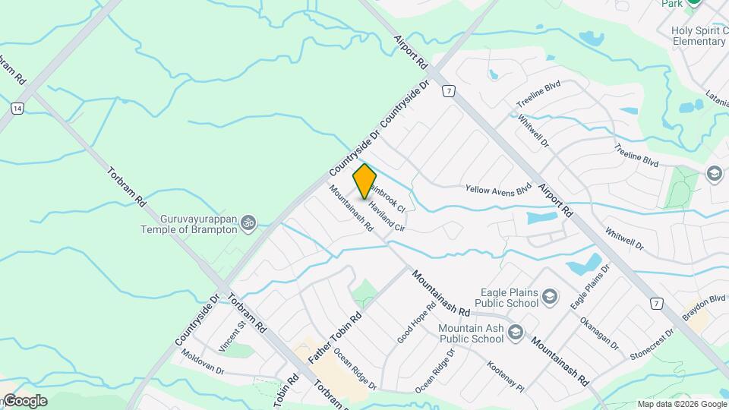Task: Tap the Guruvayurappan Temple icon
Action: click(248, 222)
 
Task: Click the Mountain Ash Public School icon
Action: click(516, 332)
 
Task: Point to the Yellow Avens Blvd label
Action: click(498, 189)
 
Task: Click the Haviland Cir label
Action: click(387, 216)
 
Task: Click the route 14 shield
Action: click(17, 109)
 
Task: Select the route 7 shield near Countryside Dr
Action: click(450, 91)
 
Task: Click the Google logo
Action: click(24, 401)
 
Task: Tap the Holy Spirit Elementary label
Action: click(699, 36)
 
